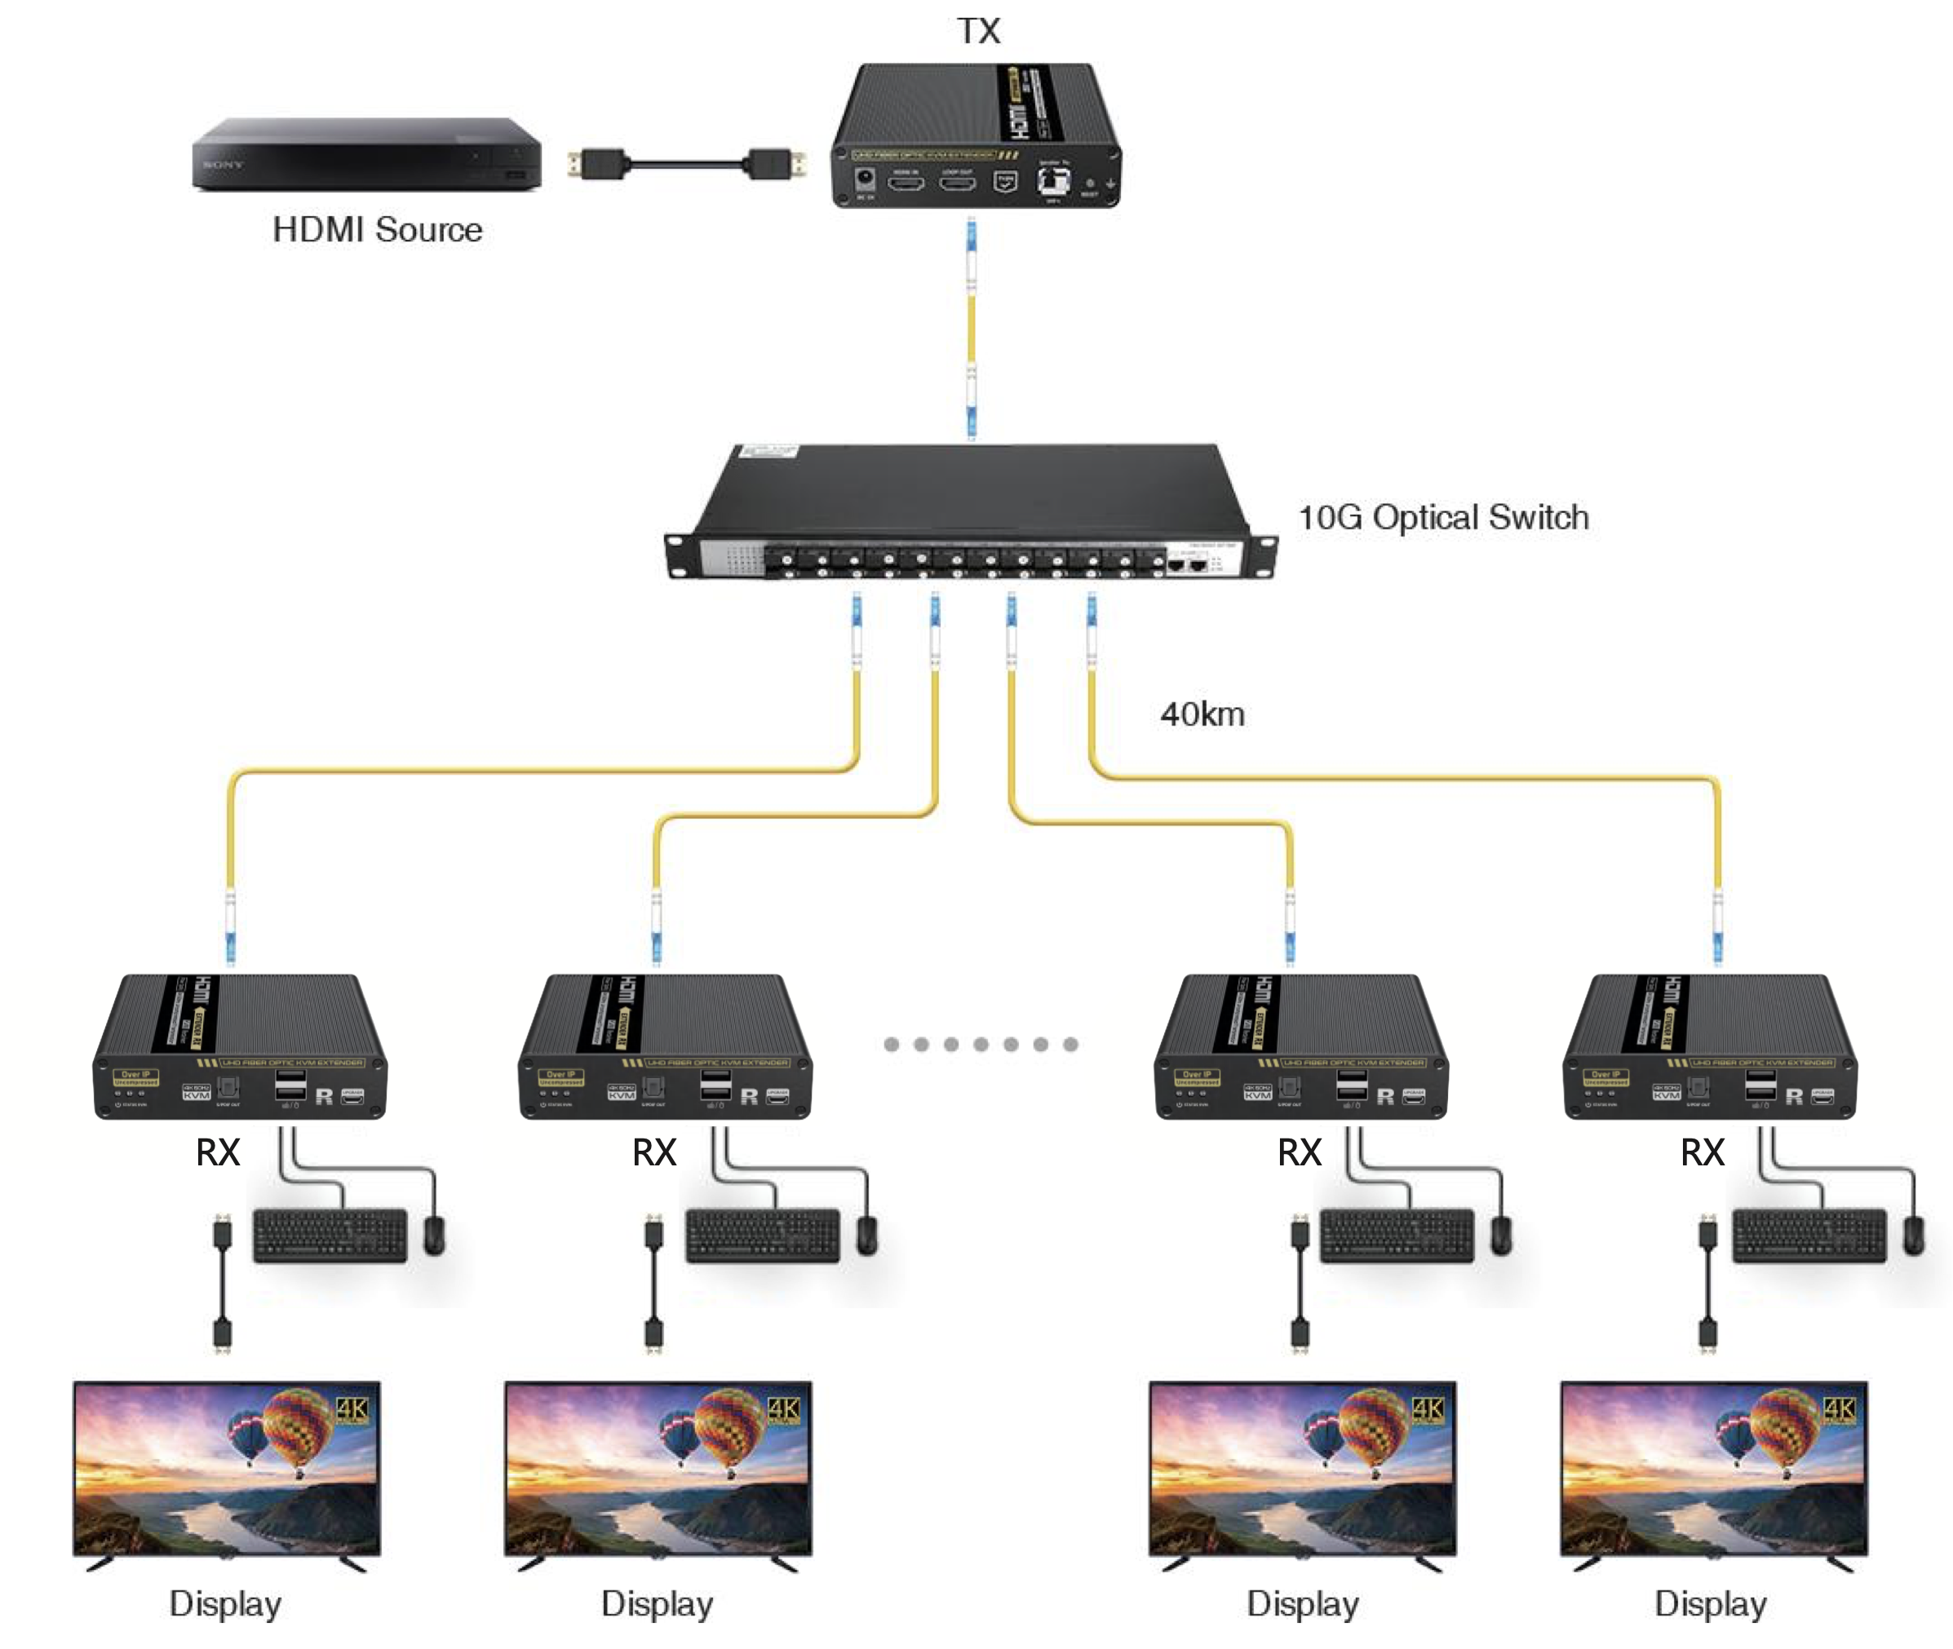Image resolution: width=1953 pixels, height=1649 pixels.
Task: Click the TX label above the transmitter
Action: [x=978, y=31]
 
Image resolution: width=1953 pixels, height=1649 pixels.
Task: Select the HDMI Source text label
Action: [x=377, y=229]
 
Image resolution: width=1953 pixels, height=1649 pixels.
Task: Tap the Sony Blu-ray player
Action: [x=366, y=154]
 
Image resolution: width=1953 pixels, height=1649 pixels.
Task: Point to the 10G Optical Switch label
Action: [x=1442, y=517]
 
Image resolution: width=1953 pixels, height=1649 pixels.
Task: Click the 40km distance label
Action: [x=1202, y=714]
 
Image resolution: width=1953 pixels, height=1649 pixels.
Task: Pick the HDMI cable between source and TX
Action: [x=686, y=166]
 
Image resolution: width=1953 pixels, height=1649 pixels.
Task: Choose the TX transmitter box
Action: [x=976, y=135]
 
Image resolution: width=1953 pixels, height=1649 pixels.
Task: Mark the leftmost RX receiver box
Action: [x=239, y=1046]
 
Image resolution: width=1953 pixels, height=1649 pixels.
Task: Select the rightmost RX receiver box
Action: [x=1709, y=1046]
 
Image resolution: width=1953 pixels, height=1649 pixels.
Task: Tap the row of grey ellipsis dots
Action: [x=980, y=1044]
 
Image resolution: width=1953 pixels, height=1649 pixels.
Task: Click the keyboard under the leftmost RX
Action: [x=330, y=1236]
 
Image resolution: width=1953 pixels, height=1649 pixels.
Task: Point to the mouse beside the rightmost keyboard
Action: [x=1913, y=1236]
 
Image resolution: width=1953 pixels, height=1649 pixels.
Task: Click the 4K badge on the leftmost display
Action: [x=352, y=1408]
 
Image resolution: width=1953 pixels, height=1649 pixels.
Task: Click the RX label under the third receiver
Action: [x=1299, y=1152]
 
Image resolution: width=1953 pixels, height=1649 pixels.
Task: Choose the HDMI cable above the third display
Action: [x=1300, y=1283]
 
